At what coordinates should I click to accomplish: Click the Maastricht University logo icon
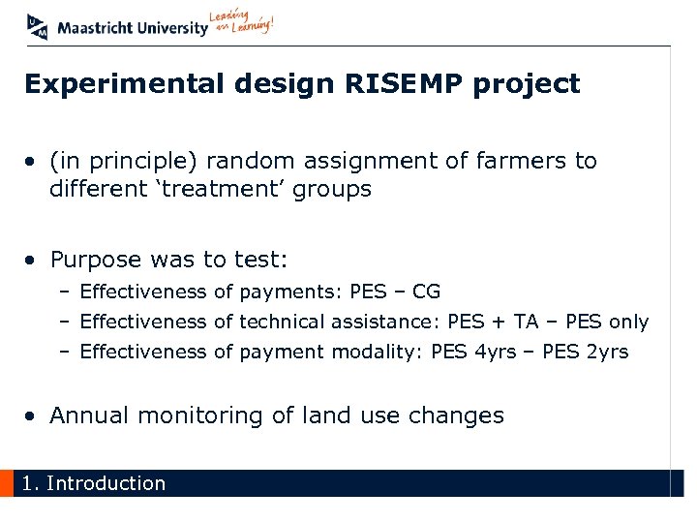tap(38, 27)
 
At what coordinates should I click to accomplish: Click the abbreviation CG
tap(426, 292)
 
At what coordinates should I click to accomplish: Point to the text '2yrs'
tap(607, 352)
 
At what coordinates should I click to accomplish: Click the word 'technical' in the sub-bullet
tap(283, 322)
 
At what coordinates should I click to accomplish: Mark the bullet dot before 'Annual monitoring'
tap(33, 416)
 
